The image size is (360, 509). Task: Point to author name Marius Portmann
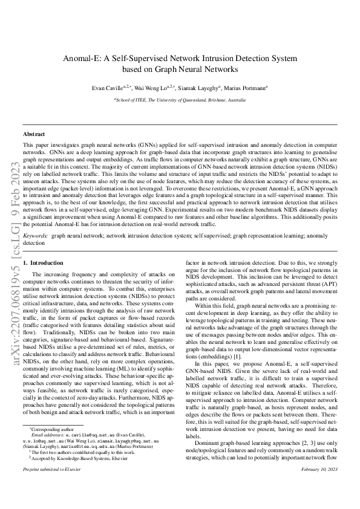point(248,88)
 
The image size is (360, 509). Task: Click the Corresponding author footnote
point(51,446)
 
